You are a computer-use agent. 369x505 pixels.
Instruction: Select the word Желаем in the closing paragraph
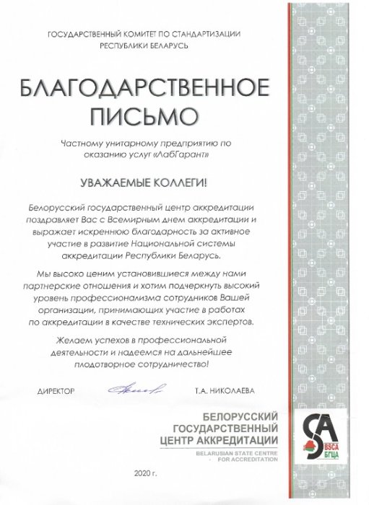(x=67, y=338)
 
